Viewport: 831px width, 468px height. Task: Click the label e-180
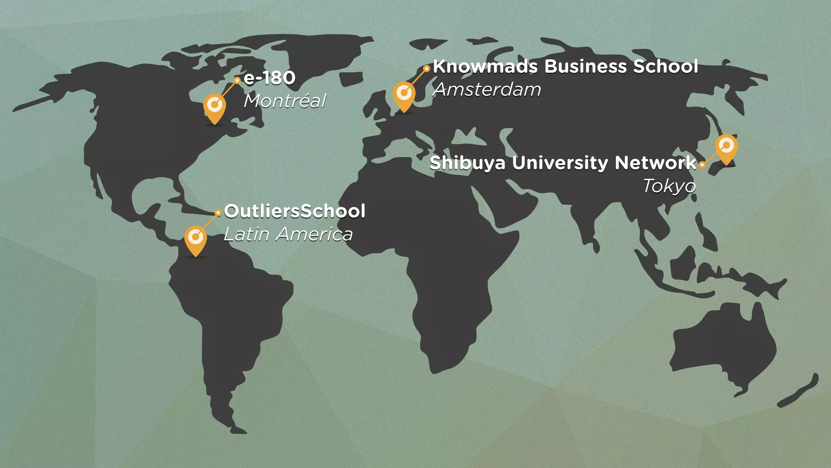tap(269, 78)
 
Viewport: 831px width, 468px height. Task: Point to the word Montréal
tap(285, 101)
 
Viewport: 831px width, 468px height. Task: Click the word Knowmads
tap(485, 67)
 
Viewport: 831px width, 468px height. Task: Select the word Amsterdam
tap(487, 90)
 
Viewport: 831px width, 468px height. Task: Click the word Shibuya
tap(467, 163)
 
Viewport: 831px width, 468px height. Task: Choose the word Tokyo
tap(670, 186)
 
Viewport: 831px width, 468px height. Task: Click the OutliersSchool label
tap(295, 211)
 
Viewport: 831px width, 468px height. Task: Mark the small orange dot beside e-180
tap(237, 80)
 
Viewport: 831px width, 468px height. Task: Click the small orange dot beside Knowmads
tap(426, 69)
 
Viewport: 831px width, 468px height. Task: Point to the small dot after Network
tap(702, 165)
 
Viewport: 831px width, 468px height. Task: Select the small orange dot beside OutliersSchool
tap(218, 212)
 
